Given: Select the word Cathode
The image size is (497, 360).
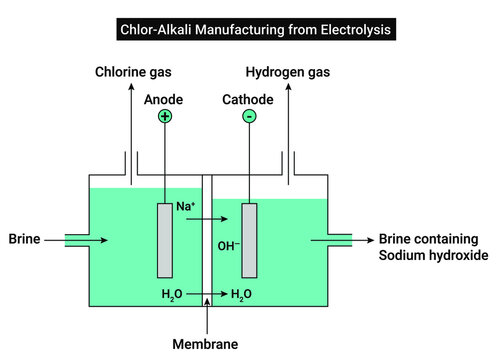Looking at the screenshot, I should (x=248, y=100).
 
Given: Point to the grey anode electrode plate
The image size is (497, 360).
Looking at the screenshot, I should (x=164, y=240).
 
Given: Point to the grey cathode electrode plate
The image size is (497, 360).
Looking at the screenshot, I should (x=249, y=240).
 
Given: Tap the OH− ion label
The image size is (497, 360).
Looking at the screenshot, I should (x=228, y=245).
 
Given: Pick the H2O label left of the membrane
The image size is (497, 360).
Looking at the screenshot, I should (x=172, y=294).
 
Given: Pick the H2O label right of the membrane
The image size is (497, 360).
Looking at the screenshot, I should (x=240, y=294).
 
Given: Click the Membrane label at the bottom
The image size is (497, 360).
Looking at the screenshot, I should (x=206, y=344).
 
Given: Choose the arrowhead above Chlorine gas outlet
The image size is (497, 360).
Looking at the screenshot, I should (x=127, y=89).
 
